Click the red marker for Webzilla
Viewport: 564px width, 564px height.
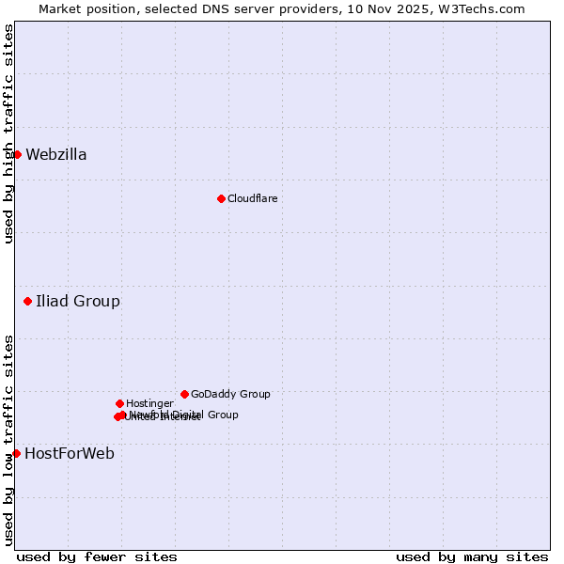(x=17, y=154)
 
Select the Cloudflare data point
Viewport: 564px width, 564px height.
(x=221, y=198)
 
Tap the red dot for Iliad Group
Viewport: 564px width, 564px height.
(x=28, y=302)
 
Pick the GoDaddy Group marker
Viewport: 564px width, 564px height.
(x=184, y=394)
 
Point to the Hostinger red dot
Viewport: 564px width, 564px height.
(x=119, y=403)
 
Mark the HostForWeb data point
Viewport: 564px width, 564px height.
(x=16, y=453)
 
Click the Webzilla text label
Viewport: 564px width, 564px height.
(x=56, y=155)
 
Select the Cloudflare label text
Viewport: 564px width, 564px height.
(x=252, y=198)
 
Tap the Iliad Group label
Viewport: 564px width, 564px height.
(x=78, y=302)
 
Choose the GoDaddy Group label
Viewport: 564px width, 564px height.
(x=230, y=394)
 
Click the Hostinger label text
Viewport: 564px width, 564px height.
(x=149, y=403)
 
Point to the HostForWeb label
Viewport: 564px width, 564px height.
(x=70, y=454)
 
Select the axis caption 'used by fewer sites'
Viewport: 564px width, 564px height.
(x=97, y=556)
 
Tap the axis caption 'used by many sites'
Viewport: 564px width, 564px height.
(x=472, y=556)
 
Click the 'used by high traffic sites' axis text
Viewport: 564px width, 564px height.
(x=8, y=133)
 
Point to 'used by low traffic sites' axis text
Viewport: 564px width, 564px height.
(x=8, y=440)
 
